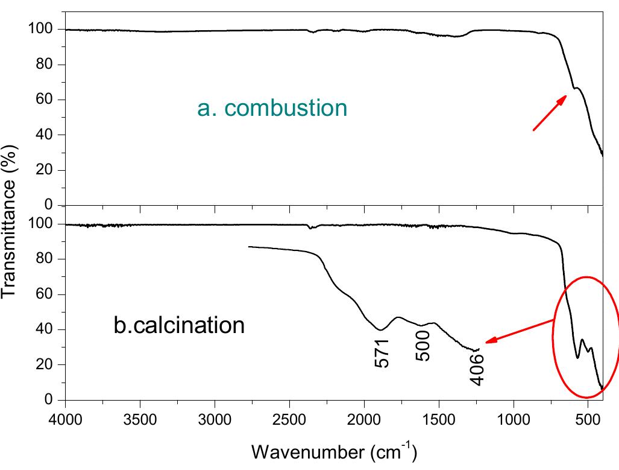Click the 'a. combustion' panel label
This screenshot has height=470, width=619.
272,108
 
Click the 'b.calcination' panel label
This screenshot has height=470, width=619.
179,325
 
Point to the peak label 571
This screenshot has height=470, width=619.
382,353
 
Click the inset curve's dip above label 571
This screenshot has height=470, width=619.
380,329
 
